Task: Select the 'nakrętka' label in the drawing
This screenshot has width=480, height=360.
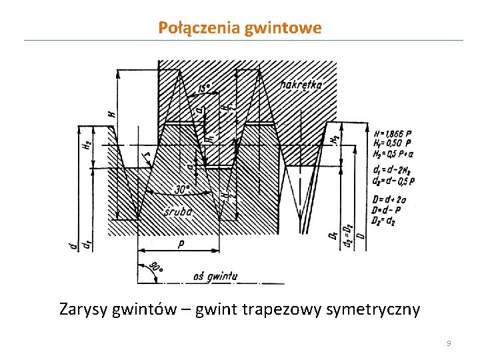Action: tap(301, 85)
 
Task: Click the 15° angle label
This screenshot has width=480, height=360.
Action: tap(205, 88)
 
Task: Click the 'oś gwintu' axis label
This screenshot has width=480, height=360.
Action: tap(215, 275)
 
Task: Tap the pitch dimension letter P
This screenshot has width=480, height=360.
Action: tap(181, 245)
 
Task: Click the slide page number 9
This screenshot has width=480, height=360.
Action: tap(449, 343)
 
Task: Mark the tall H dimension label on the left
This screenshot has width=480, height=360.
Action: tap(111, 115)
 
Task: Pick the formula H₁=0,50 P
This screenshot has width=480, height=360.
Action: tap(392, 143)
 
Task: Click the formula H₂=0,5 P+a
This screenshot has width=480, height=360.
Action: tap(393, 153)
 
